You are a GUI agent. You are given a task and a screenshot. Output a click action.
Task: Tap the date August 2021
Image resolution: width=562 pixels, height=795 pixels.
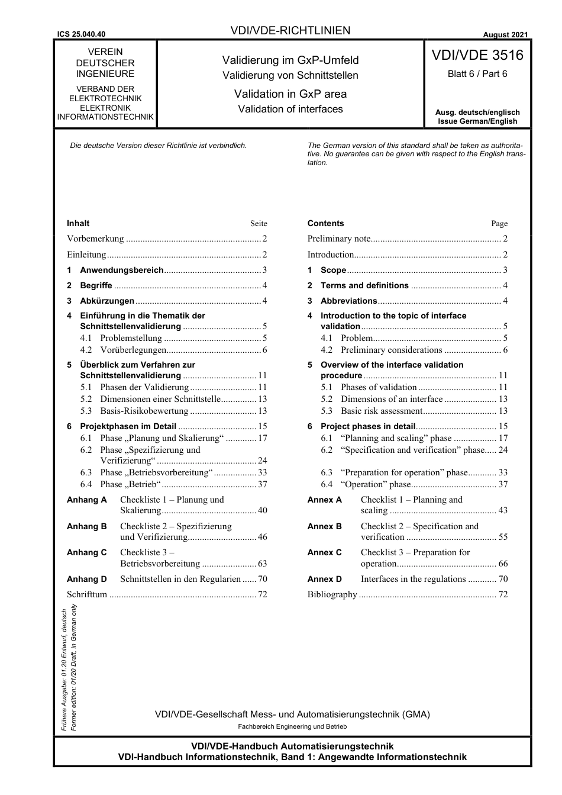click(x=505, y=35)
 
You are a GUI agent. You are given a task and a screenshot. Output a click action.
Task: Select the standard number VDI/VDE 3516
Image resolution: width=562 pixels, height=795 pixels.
click(x=477, y=56)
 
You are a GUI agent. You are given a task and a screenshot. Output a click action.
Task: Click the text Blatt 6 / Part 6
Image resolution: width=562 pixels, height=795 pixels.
click(x=477, y=74)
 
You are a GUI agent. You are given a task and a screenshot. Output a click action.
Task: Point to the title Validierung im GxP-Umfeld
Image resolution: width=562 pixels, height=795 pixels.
click(x=290, y=60)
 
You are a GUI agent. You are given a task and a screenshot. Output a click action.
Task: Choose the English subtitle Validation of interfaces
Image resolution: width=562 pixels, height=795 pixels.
click(x=290, y=109)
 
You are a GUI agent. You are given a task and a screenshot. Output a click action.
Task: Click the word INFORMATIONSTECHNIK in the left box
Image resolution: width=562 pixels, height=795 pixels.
click(x=105, y=117)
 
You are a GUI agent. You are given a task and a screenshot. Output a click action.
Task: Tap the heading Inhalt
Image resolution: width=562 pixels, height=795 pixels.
click(x=78, y=224)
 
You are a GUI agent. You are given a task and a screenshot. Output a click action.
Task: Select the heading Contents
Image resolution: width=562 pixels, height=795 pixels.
click(x=325, y=224)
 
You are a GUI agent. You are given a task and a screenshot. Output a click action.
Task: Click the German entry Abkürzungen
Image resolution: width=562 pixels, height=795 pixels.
click(x=107, y=301)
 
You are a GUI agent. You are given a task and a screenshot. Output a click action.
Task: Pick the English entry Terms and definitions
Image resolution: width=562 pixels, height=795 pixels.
click(x=364, y=285)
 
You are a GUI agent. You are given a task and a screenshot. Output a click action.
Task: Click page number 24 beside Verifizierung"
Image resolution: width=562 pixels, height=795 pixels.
click(x=263, y=461)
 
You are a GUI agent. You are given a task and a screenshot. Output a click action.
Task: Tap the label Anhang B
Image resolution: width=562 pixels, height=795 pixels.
click(x=87, y=526)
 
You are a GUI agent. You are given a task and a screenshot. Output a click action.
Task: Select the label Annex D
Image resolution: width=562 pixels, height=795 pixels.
click(x=324, y=579)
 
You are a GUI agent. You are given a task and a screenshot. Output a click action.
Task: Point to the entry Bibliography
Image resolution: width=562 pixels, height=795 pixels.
click(x=332, y=594)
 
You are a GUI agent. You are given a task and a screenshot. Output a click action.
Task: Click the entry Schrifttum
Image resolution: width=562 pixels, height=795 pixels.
click(x=87, y=594)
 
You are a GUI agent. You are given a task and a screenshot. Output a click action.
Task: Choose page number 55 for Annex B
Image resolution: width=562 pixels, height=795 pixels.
click(x=503, y=537)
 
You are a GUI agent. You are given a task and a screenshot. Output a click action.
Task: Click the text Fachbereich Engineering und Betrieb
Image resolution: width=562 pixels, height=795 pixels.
click(x=292, y=726)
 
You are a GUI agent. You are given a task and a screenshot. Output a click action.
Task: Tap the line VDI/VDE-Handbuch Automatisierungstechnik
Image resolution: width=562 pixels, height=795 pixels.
click(x=292, y=746)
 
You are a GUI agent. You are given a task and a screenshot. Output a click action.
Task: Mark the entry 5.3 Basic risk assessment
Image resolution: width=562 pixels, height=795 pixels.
click(x=381, y=411)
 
